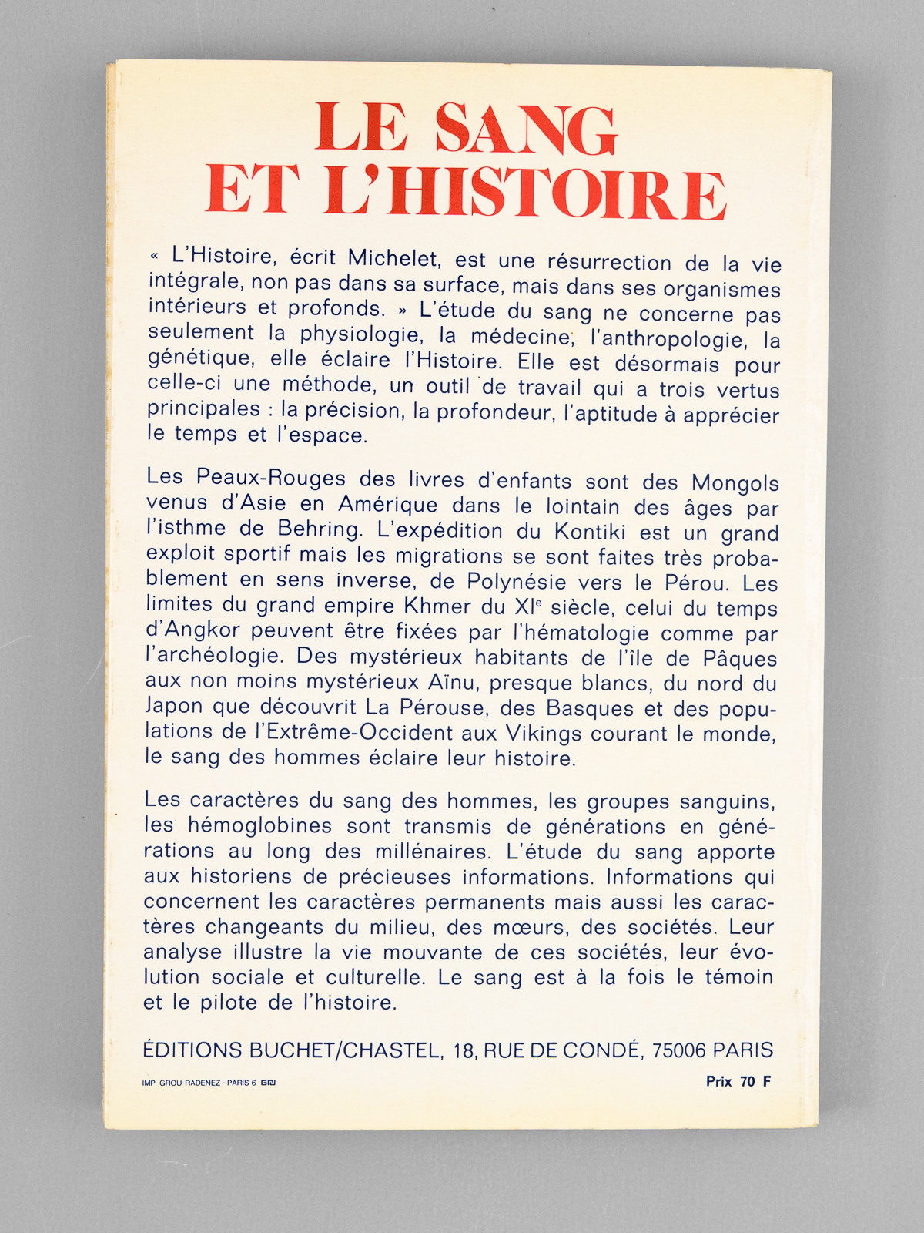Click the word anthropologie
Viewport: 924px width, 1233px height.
pyautogui.click(x=657, y=339)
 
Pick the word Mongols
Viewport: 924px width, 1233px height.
pyautogui.click(x=735, y=484)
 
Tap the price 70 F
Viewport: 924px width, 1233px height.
pyautogui.click(x=755, y=1081)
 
